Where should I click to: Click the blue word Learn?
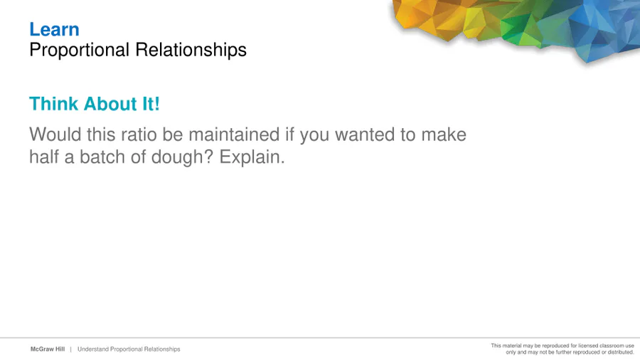[54, 29]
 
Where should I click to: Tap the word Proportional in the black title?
[79, 51]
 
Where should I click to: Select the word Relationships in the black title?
[191, 51]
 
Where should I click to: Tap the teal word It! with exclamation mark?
[151, 104]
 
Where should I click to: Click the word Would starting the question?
[55, 134]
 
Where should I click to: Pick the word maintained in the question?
[234, 134]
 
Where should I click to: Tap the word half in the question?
[43, 157]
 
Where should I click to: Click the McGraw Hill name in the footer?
[48, 349]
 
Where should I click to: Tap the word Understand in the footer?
[93, 349]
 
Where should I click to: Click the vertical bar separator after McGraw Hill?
[70, 349]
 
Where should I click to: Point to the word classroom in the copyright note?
[610, 346]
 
